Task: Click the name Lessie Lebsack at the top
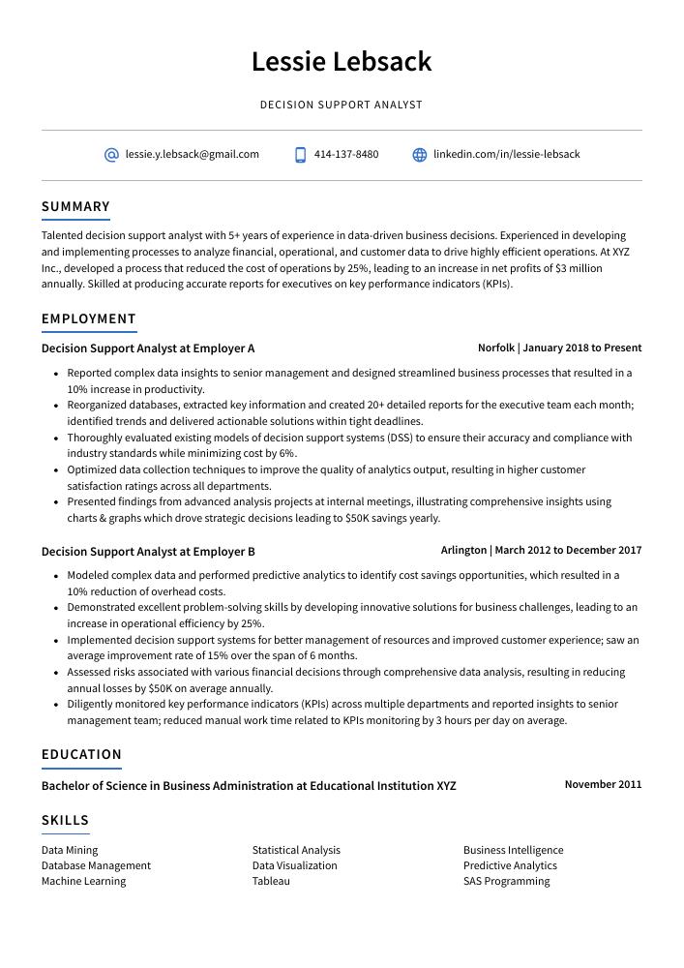click(x=342, y=62)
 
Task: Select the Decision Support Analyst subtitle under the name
click(x=342, y=105)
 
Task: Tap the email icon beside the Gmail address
click(x=111, y=155)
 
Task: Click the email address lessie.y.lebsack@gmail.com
click(x=192, y=154)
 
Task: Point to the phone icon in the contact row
click(x=301, y=155)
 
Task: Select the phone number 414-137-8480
click(x=346, y=154)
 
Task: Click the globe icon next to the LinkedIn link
click(x=420, y=155)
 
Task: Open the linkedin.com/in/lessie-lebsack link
click(x=506, y=154)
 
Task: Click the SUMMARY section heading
click(x=75, y=206)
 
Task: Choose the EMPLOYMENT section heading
click(x=89, y=318)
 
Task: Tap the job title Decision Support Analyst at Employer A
click(x=148, y=348)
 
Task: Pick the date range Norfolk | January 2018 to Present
click(x=559, y=348)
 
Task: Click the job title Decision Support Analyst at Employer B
click(x=148, y=552)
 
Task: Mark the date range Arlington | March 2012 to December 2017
click(x=541, y=550)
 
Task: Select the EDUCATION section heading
click(x=81, y=754)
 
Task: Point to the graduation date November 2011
click(x=603, y=784)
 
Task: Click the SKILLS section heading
click(x=65, y=820)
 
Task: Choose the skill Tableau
click(x=271, y=881)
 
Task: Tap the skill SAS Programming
click(x=506, y=881)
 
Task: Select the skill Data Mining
click(x=70, y=850)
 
